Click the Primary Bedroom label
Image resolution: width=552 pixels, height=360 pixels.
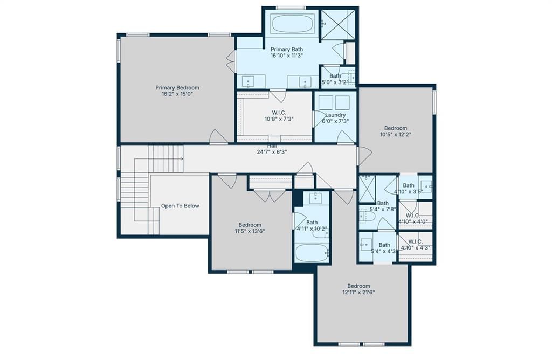(x=177, y=88)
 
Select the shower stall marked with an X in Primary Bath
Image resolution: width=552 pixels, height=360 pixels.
(x=337, y=25)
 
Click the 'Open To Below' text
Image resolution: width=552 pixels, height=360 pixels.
(x=180, y=206)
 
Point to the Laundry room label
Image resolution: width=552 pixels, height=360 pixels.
(x=335, y=115)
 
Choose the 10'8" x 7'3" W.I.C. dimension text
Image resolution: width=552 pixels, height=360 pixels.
(x=279, y=119)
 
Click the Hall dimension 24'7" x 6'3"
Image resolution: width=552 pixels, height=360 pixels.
(x=272, y=152)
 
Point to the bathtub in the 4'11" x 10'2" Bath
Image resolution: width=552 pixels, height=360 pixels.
(x=312, y=253)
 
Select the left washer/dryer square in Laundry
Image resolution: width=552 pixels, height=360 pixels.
(x=326, y=103)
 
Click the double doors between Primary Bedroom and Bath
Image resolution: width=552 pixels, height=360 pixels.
(x=231, y=61)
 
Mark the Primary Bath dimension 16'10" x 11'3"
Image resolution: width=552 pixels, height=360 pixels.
(x=287, y=56)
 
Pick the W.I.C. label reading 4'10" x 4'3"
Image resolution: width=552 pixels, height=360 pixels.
(x=416, y=245)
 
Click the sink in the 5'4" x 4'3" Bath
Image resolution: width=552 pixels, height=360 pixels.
(x=366, y=244)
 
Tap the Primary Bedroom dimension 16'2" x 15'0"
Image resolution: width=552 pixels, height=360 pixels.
(x=177, y=94)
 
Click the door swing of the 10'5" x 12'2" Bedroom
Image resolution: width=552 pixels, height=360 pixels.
(x=364, y=156)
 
